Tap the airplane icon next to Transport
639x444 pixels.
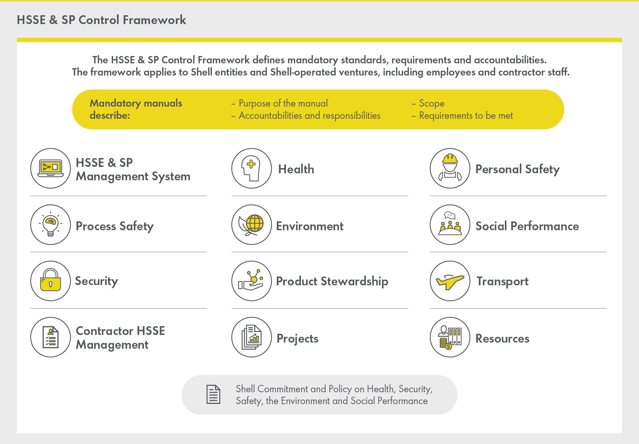point(450,281)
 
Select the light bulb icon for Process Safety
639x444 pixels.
point(51,225)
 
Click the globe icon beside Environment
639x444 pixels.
point(252,225)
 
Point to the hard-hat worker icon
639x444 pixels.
point(450,168)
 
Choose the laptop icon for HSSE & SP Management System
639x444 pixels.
point(51,168)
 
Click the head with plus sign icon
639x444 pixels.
point(252,168)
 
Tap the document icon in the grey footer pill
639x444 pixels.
point(213,395)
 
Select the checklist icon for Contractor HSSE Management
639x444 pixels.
point(51,337)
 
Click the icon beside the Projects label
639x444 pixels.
point(252,337)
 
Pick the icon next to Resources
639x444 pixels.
point(450,337)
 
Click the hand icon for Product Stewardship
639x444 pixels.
point(252,281)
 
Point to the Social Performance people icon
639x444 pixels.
point(450,225)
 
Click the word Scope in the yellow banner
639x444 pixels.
point(432,104)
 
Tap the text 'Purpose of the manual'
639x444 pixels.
point(283,104)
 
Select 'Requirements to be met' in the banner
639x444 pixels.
point(466,116)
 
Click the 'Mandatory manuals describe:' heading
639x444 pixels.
point(136,109)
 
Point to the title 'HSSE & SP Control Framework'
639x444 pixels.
point(101,20)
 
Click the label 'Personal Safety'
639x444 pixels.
point(517,169)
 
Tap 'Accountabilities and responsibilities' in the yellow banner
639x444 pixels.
point(309,116)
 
